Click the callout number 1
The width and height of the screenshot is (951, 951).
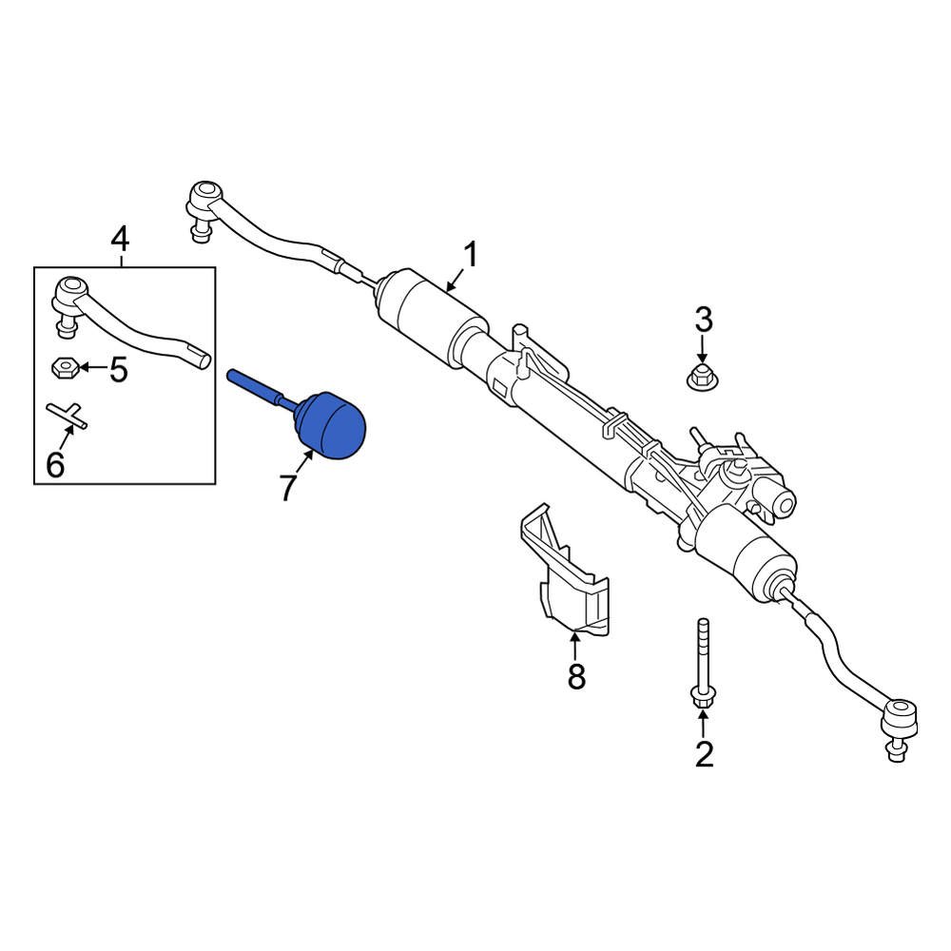tap(471, 255)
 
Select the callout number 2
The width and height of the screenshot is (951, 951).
tap(704, 754)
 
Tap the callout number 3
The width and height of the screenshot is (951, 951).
tap(703, 319)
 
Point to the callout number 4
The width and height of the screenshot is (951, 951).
tap(119, 240)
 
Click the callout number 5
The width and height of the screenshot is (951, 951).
tap(118, 369)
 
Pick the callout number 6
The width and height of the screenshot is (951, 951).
tap(55, 465)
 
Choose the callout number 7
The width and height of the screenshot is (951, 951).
tap(288, 487)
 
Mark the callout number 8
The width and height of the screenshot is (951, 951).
tap(576, 676)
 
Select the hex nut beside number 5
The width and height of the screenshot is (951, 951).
tap(62, 366)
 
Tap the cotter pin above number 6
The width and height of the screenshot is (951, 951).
tap(67, 416)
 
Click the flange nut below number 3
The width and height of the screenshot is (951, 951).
tap(701, 377)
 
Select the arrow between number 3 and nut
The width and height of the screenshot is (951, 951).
tap(702, 347)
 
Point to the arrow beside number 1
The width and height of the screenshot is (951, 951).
tap(454, 280)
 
